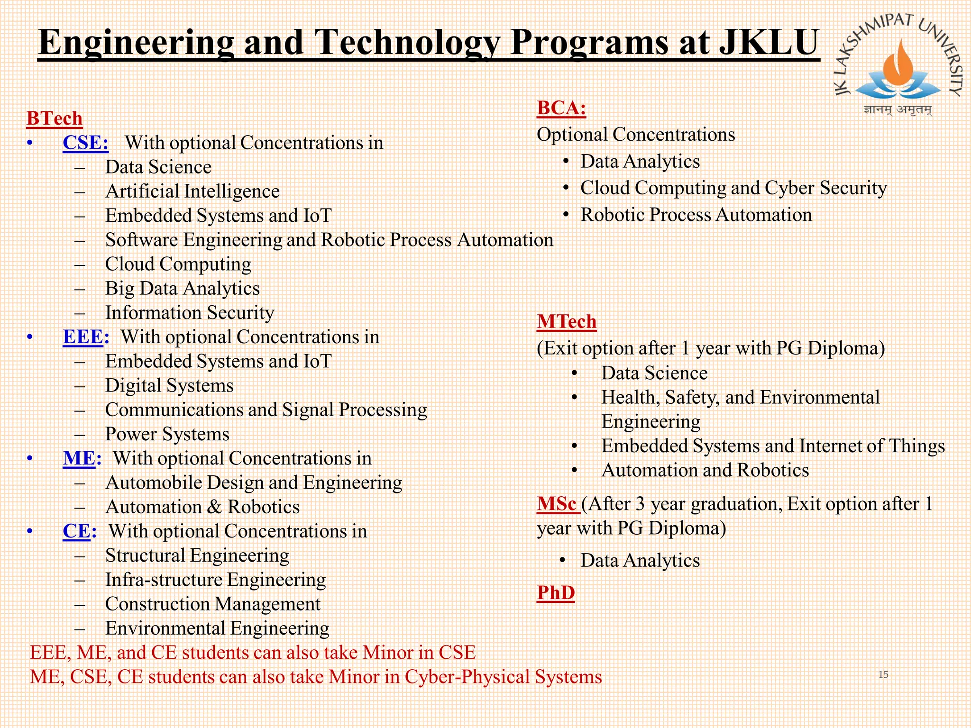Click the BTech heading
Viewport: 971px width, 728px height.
[55, 118]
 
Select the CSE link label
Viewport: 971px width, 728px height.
[85, 143]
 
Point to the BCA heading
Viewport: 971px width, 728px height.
[561, 109]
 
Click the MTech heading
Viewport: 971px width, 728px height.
[567, 322]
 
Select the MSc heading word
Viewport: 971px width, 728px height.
[557, 504]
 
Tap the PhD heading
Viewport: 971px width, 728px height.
[556, 593]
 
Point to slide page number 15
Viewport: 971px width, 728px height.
[883, 674]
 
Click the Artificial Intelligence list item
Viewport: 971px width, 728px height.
[192, 191]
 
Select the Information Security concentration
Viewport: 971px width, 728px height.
[190, 313]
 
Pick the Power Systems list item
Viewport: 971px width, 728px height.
[167, 434]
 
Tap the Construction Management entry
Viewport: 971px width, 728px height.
[213, 604]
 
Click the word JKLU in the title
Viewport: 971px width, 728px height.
[769, 43]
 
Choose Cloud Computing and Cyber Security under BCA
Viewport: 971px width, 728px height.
[733, 188]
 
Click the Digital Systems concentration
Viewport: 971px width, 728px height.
[169, 386]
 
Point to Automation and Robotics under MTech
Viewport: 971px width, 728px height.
[705, 471]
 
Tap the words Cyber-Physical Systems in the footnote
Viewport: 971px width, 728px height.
[503, 677]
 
